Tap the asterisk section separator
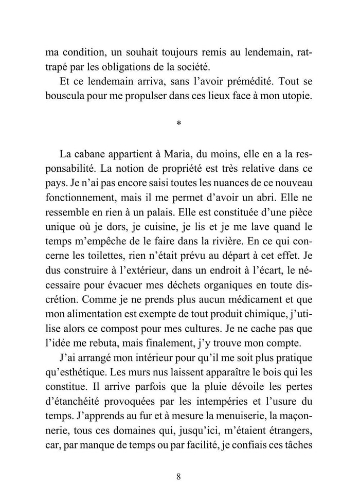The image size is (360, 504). pos(178,124)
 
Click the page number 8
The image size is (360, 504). pos(178,476)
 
